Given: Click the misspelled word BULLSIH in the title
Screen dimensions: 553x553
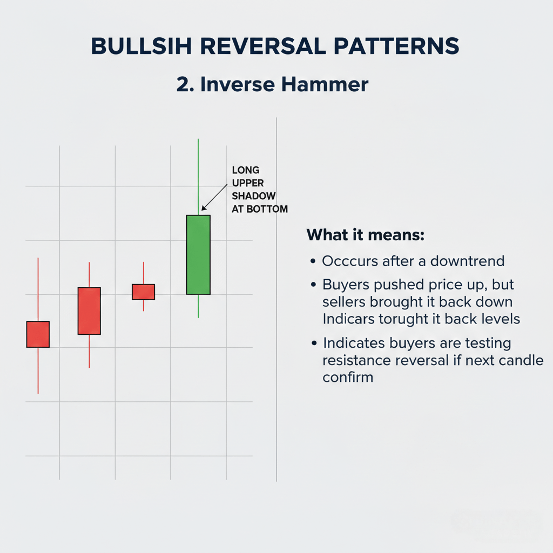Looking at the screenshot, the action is coord(141,46).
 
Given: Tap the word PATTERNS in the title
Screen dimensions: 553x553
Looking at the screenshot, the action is coord(396,46).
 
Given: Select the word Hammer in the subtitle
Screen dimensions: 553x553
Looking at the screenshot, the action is coord(325,85).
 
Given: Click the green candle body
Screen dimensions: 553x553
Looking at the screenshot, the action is coord(198,255).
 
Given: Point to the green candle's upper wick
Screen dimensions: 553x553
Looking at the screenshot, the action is coord(198,177).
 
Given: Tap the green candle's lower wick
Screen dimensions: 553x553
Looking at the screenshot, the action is coord(198,306).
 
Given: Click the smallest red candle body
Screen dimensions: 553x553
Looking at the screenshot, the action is coord(144,292).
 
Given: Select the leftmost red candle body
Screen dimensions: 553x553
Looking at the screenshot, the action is coord(38,334).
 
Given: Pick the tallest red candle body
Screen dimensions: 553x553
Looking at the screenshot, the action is coord(89,311).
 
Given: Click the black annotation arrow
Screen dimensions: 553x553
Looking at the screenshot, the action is coord(214,197).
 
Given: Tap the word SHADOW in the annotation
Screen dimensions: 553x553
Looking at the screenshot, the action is coord(254,196).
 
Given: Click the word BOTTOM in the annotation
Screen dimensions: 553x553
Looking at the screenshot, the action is coord(267,209).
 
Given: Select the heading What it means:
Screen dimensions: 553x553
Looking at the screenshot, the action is coord(366,235).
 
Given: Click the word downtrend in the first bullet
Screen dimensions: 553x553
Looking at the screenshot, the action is coord(467,261).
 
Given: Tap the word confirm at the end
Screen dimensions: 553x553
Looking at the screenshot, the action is coord(348,377).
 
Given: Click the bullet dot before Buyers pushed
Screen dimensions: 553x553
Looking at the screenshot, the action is coord(313,285).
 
